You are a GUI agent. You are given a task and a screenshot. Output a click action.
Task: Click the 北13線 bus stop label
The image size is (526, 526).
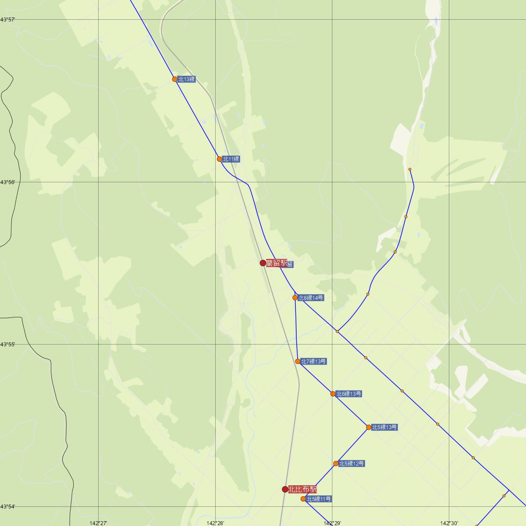tap(186, 79)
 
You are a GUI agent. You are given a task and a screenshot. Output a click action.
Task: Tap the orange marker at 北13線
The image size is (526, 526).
tap(175, 79)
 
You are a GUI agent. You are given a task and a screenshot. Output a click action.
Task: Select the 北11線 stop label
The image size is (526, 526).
tap(231, 159)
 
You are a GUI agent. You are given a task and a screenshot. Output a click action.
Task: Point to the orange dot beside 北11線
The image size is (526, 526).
tap(220, 159)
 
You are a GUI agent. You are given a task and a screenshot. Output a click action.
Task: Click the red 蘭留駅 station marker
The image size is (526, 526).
tap(263, 263)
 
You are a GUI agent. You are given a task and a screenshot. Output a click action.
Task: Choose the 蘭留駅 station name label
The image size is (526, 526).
tap(277, 263)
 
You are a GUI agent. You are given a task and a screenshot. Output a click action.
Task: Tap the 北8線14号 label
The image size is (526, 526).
tap(311, 298)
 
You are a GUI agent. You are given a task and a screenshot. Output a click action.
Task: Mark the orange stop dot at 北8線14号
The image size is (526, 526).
tap(295, 298)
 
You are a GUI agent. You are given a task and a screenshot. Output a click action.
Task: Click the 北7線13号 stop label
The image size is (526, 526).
tap(313, 362)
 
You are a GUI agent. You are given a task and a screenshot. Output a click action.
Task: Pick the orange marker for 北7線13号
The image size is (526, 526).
tap(298, 362)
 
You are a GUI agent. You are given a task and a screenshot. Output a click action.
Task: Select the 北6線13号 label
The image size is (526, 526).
tap(348, 394)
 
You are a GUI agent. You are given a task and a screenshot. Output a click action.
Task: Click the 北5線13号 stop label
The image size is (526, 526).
tap(384, 427)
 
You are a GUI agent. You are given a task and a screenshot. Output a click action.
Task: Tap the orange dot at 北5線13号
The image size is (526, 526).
tap(369, 427)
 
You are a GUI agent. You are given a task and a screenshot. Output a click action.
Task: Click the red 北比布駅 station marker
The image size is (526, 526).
tap(285, 489)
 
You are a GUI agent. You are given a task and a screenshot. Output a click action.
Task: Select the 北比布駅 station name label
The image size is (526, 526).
tap(302, 489)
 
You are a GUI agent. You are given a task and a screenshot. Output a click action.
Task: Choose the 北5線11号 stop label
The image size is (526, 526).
tap(319, 499)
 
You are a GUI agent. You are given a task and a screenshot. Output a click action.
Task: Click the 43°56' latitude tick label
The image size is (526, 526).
tap(8, 182)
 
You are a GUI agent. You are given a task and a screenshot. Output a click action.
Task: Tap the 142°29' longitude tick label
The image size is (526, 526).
tap(332, 523)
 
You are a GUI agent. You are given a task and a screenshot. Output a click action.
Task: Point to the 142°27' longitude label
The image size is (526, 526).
tap(99, 523)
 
